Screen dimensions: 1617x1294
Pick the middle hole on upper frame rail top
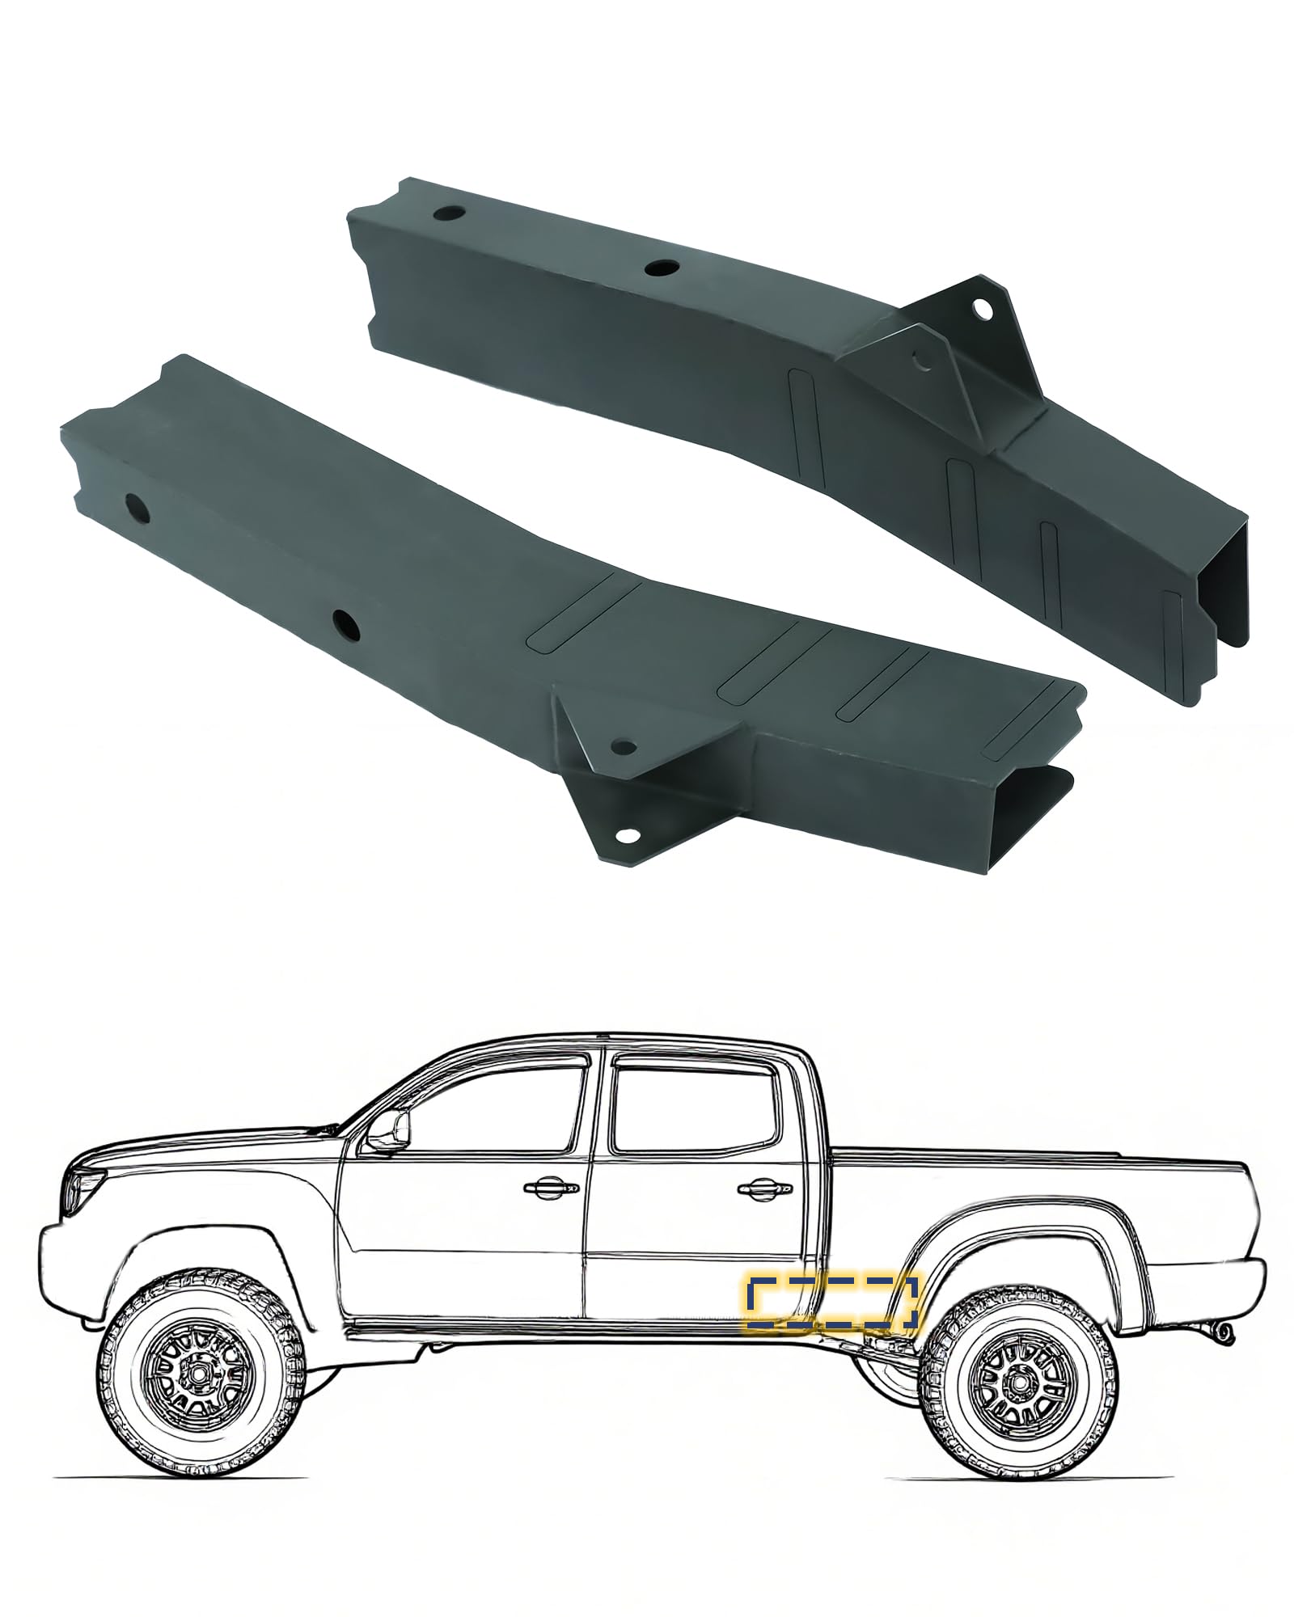point(662,268)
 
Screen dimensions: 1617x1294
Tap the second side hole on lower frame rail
point(347,621)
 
